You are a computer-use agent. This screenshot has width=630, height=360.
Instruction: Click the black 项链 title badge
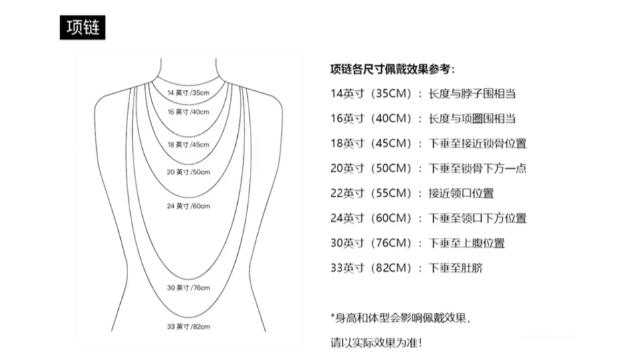[x=82, y=28]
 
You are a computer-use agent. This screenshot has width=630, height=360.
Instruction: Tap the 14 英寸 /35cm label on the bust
[x=188, y=93]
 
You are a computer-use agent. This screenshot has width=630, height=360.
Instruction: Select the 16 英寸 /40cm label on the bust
[x=188, y=112]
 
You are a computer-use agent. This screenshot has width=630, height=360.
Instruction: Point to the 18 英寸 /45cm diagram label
[x=188, y=145]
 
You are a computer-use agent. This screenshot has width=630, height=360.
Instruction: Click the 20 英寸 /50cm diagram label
[x=188, y=172]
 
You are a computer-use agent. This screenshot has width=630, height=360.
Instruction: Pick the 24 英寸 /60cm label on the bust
[x=188, y=206]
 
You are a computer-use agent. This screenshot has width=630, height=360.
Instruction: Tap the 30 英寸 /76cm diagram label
[x=188, y=288]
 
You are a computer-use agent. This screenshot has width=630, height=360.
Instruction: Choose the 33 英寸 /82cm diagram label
[x=188, y=326]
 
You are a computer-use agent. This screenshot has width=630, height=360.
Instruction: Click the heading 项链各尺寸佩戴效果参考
[x=392, y=70]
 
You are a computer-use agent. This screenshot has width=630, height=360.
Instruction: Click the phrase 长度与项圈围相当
[x=472, y=119]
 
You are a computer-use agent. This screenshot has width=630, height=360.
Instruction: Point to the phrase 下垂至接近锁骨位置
[x=477, y=144]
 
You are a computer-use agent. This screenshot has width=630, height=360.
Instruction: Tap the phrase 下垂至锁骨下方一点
[x=477, y=168]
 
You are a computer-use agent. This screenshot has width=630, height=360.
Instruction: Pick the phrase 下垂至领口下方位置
[x=477, y=218]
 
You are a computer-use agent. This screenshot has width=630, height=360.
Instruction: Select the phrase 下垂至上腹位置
[x=466, y=243]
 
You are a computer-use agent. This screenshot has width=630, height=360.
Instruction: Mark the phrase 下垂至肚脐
[x=455, y=268]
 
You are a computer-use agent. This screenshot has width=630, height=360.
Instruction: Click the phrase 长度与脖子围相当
[x=472, y=94]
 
